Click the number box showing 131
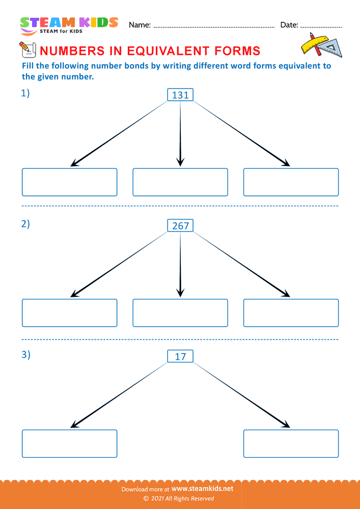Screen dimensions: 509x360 (180, 95)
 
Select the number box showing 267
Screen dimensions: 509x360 (180, 225)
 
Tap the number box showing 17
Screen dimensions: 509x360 (180, 356)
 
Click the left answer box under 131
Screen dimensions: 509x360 (69, 182)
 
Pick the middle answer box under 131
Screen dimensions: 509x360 (180, 182)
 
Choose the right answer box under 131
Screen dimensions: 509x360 (291, 182)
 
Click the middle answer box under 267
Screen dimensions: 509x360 (180, 313)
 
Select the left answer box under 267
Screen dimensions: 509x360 (69, 313)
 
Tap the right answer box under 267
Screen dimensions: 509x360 (291, 313)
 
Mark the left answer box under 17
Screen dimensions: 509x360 (69, 443)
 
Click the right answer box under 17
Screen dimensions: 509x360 (291, 443)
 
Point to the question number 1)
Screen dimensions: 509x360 (25, 93)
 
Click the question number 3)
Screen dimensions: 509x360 (25, 355)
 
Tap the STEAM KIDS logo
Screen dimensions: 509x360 (69, 25)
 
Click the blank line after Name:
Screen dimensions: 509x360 (214, 26)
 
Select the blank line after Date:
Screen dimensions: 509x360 (322, 26)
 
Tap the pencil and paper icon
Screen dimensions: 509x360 (26, 49)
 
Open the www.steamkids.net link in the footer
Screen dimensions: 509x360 (206, 488)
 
